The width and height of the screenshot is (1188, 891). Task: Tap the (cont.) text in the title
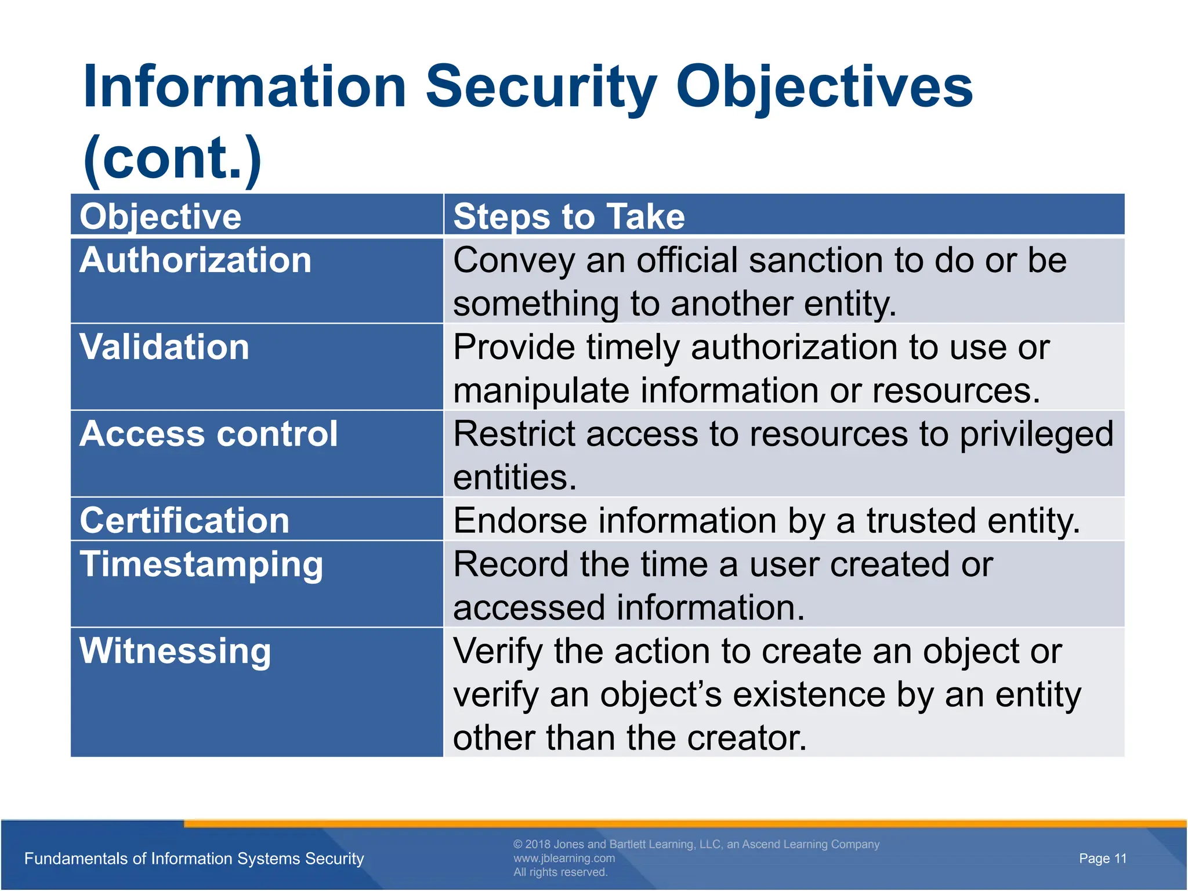click(x=172, y=158)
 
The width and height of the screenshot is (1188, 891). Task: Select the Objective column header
click(x=160, y=216)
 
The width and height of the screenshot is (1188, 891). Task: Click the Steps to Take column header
click(x=568, y=216)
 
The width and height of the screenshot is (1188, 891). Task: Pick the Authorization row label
click(x=195, y=260)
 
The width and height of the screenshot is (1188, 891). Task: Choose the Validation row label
click(x=164, y=347)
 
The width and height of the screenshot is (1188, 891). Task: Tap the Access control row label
click(x=208, y=434)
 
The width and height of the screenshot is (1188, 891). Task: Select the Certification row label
click(x=184, y=520)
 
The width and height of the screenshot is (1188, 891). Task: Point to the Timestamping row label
click(x=201, y=564)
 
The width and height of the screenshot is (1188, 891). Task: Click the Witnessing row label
click(x=175, y=651)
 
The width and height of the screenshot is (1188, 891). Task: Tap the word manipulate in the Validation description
click(x=541, y=391)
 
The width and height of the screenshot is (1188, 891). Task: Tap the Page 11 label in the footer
click(x=1102, y=859)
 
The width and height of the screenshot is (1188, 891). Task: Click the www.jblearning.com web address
click(x=564, y=859)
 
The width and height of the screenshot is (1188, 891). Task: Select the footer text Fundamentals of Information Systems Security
click(x=194, y=859)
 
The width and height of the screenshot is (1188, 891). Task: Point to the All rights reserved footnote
click(x=560, y=872)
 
